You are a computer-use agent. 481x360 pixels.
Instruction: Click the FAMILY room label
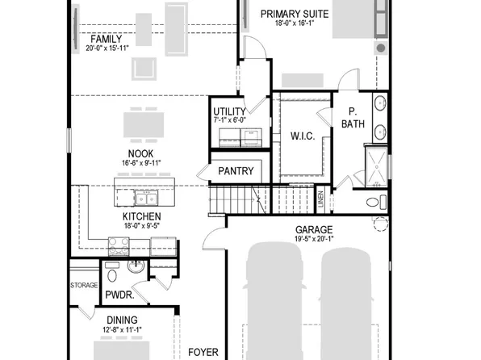pos(106,40)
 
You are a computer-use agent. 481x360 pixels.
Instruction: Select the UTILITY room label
pos(230,111)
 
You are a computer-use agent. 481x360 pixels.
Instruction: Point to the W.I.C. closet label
pos(301,136)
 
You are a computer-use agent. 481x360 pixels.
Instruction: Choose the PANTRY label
pos(236,171)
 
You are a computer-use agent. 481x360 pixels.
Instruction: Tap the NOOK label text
pos(140,153)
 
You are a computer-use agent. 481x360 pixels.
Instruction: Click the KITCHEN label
pos(141,216)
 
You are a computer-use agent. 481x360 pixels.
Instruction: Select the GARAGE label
pos(314,229)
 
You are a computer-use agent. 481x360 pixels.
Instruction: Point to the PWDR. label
pos(119,296)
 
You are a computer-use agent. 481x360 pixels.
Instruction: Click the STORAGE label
pos(84,285)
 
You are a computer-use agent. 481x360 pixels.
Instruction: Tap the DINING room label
pos(122,320)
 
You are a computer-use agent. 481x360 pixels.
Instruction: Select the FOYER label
pos(204,352)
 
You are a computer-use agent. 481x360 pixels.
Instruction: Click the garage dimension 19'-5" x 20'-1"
pos(314,239)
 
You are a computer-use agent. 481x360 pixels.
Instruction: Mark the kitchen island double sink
pos(146,198)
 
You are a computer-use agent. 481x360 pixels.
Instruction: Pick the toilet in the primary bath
pos(374,202)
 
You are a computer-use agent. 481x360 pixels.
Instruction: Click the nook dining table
pos(140,126)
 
